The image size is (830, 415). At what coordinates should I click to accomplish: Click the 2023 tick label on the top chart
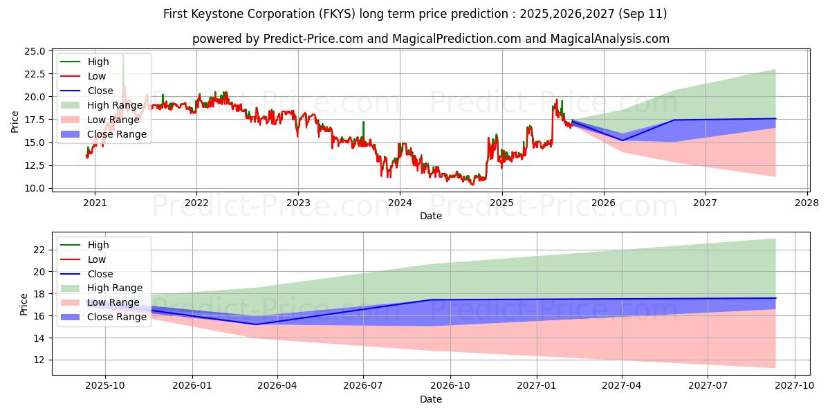[298, 203]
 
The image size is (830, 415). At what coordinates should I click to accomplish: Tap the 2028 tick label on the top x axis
[807, 203]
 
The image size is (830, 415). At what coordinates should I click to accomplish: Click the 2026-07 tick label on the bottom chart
[364, 386]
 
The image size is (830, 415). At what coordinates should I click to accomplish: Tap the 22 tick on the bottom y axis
[40, 250]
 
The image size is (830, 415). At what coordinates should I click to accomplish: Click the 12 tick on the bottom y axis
[40, 360]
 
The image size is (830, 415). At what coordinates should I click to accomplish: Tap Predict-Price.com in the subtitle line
[313, 39]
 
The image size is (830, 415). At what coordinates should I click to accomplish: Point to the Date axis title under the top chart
[430, 216]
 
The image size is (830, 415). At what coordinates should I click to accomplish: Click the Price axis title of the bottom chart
[24, 304]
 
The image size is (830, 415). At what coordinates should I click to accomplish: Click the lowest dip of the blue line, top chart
[622, 140]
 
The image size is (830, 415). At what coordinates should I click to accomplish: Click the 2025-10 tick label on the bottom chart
[106, 386]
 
